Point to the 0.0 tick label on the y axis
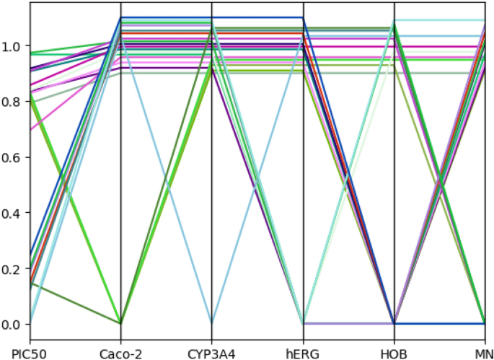pyautogui.click(x=13, y=324)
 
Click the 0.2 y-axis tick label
pyautogui.click(x=13, y=268)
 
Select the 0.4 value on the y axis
pyautogui.click(x=13, y=213)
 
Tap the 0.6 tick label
pyautogui.click(x=13, y=157)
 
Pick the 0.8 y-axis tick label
pyautogui.click(x=13, y=102)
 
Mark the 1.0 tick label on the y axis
pyautogui.click(x=13, y=46)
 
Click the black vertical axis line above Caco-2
pyautogui.click(x=120, y=216)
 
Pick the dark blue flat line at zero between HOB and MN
pyautogui.click(x=440, y=324)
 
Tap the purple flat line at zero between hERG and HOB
pyautogui.click(x=348, y=323)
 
